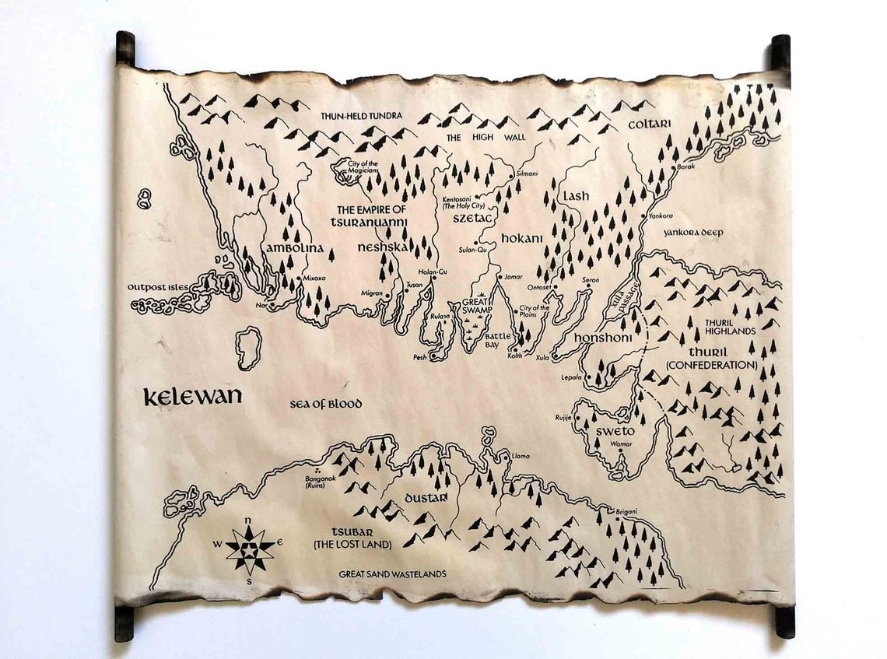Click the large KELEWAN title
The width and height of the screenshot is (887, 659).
[x=192, y=396]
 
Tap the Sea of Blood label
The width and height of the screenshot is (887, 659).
[x=326, y=404]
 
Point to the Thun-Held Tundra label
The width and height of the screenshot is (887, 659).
[x=362, y=116]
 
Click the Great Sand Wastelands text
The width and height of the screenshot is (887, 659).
[x=393, y=574]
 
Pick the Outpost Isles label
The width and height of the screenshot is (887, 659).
[x=158, y=287]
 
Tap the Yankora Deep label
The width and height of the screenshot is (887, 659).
[x=693, y=232]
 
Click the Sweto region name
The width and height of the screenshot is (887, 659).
[x=616, y=431]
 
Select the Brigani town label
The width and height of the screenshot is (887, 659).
[x=626, y=511]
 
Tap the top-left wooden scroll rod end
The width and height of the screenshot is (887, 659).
[x=125, y=47]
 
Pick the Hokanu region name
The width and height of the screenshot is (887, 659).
[x=521, y=238]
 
